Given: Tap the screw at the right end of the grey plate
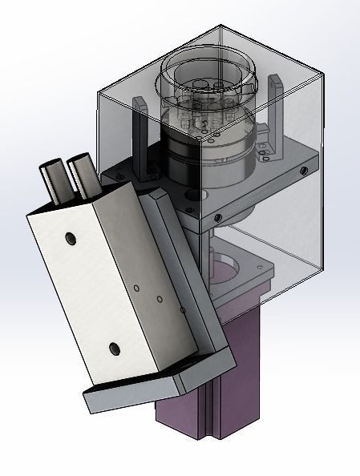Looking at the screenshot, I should [305, 171].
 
